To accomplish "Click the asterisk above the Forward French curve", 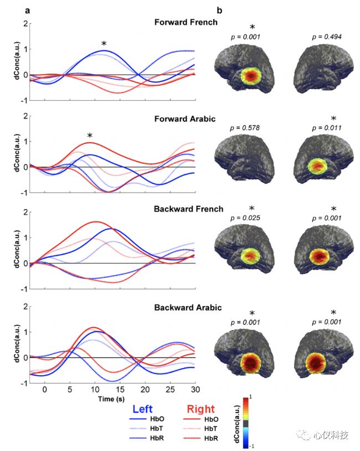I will [x=103, y=44].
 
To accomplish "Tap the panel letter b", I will [x=219, y=10].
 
